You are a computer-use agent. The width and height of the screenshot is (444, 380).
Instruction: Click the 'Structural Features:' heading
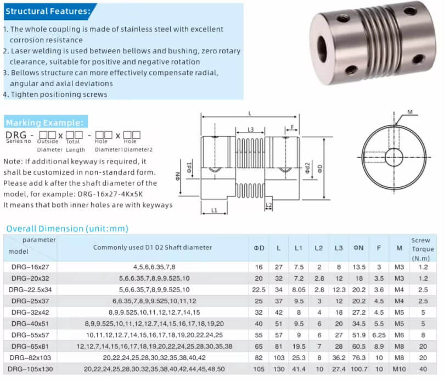(x=48, y=11)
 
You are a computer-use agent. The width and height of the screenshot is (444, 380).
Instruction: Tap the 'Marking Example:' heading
(x=44, y=122)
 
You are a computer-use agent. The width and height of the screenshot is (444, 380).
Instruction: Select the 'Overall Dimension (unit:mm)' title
(x=67, y=228)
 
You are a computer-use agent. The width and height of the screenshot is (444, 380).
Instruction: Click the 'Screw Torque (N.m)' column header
(x=421, y=248)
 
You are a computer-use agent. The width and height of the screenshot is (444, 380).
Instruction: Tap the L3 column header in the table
(x=338, y=248)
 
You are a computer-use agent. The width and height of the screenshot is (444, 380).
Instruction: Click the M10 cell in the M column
(x=398, y=369)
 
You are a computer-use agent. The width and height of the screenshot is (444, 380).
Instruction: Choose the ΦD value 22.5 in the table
(x=258, y=289)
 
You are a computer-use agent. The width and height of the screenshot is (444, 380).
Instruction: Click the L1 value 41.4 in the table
(x=299, y=369)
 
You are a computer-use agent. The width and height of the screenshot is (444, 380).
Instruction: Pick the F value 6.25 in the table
(x=379, y=334)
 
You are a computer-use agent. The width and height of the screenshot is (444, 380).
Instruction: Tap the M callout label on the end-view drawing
(x=410, y=113)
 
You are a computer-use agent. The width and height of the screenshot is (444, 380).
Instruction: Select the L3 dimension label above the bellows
(x=250, y=130)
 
